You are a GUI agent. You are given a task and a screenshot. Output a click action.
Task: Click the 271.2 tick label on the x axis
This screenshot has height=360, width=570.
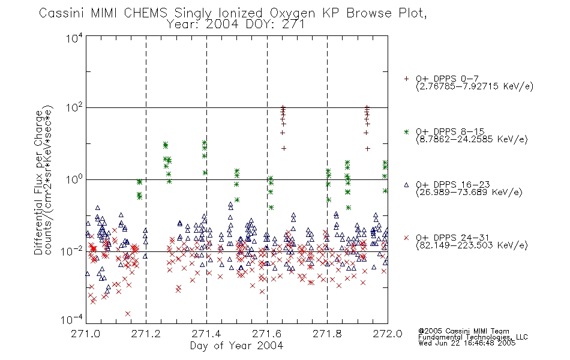coord(146,334)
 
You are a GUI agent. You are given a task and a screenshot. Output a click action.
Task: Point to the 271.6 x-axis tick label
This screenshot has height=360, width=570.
coord(267,334)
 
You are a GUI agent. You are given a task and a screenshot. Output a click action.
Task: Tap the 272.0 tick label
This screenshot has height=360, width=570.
coord(388,334)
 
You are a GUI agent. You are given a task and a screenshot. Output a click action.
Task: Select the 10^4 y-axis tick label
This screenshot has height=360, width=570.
coord(74,38)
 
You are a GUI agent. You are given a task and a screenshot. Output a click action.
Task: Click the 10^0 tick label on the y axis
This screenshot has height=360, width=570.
coord(74,179)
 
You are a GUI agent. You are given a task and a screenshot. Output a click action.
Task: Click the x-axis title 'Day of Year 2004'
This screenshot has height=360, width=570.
coord(236,346)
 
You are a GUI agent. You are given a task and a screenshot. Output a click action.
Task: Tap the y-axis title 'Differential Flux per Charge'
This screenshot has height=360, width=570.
coord(38,182)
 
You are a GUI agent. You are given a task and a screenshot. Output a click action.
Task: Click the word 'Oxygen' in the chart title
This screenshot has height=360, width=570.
coord(292,13)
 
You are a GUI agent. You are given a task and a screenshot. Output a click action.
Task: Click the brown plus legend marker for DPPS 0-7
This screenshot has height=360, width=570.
coord(406,79)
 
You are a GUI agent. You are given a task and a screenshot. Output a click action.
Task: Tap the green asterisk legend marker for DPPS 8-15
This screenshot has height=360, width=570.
coord(406,131)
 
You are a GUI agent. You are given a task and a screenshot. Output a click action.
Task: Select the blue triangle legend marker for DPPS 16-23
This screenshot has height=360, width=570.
coord(406,185)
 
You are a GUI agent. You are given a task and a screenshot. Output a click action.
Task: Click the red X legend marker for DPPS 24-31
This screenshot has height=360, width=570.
coord(406,238)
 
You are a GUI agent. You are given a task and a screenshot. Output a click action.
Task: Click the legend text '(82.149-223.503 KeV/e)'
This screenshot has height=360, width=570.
coord(472,245)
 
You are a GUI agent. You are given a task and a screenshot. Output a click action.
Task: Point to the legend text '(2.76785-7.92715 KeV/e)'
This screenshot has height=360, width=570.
coord(475,86)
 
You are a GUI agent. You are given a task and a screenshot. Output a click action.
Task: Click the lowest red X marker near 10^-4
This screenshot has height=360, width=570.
coord(128,313)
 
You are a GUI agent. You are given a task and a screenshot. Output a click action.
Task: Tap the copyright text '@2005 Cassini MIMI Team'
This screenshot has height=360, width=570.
coord(463,331)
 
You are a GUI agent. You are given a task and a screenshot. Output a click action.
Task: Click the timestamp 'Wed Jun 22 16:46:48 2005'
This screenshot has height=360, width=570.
coord(467,343)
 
